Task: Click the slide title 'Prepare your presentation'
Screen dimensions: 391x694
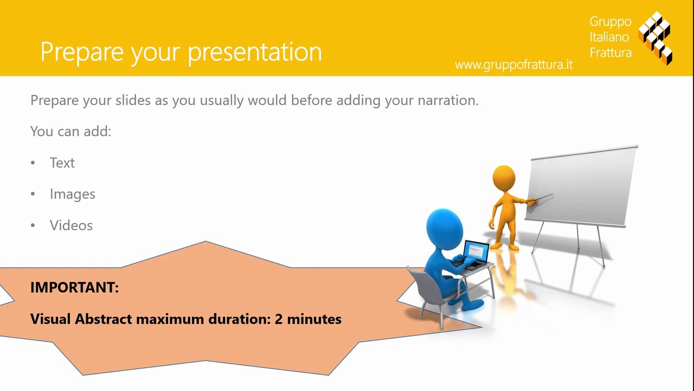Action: pyautogui.click(x=181, y=52)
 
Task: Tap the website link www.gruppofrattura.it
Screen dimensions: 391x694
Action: pyautogui.click(x=513, y=65)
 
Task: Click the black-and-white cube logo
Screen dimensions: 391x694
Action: pyautogui.click(x=656, y=37)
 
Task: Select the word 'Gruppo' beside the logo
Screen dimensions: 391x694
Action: pyautogui.click(x=611, y=22)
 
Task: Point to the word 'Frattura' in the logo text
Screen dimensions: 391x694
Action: pyautogui.click(x=611, y=53)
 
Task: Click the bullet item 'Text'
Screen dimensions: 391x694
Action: pyautogui.click(x=62, y=163)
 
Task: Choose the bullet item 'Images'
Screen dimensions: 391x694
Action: pyautogui.click(x=72, y=194)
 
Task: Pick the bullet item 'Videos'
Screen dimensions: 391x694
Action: pyautogui.click(x=71, y=225)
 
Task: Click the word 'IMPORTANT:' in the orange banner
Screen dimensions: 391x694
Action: pyautogui.click(x=74, y=288)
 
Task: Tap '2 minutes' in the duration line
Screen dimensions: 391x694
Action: pyautogui.click(x=308, y=319)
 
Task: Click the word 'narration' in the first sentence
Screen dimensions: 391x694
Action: pyautogui.click(x=447, y=100)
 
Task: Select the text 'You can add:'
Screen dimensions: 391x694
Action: pyautogui.click(x=70, y=131)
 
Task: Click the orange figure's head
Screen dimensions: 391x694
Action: pyautogui.click(x=504, y=179)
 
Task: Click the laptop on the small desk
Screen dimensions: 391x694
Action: pyautogui.click(x=474, y=254)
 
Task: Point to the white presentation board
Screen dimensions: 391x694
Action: pyautogui.click(x=583, y=185)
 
